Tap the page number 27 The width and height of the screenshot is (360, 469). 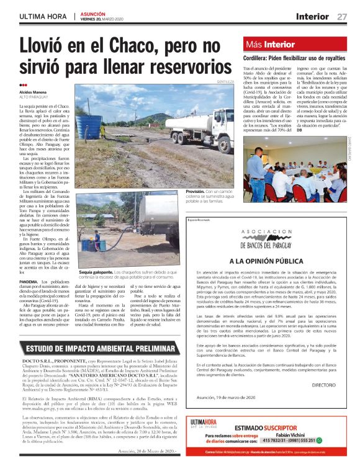point(342,16)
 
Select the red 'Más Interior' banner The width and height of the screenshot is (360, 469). point(271,45)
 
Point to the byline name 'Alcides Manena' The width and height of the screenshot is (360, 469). point(34,91)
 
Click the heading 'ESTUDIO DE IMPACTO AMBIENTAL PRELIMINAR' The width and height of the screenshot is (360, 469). point(92,348)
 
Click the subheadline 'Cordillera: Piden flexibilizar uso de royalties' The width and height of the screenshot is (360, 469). point(294,58)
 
